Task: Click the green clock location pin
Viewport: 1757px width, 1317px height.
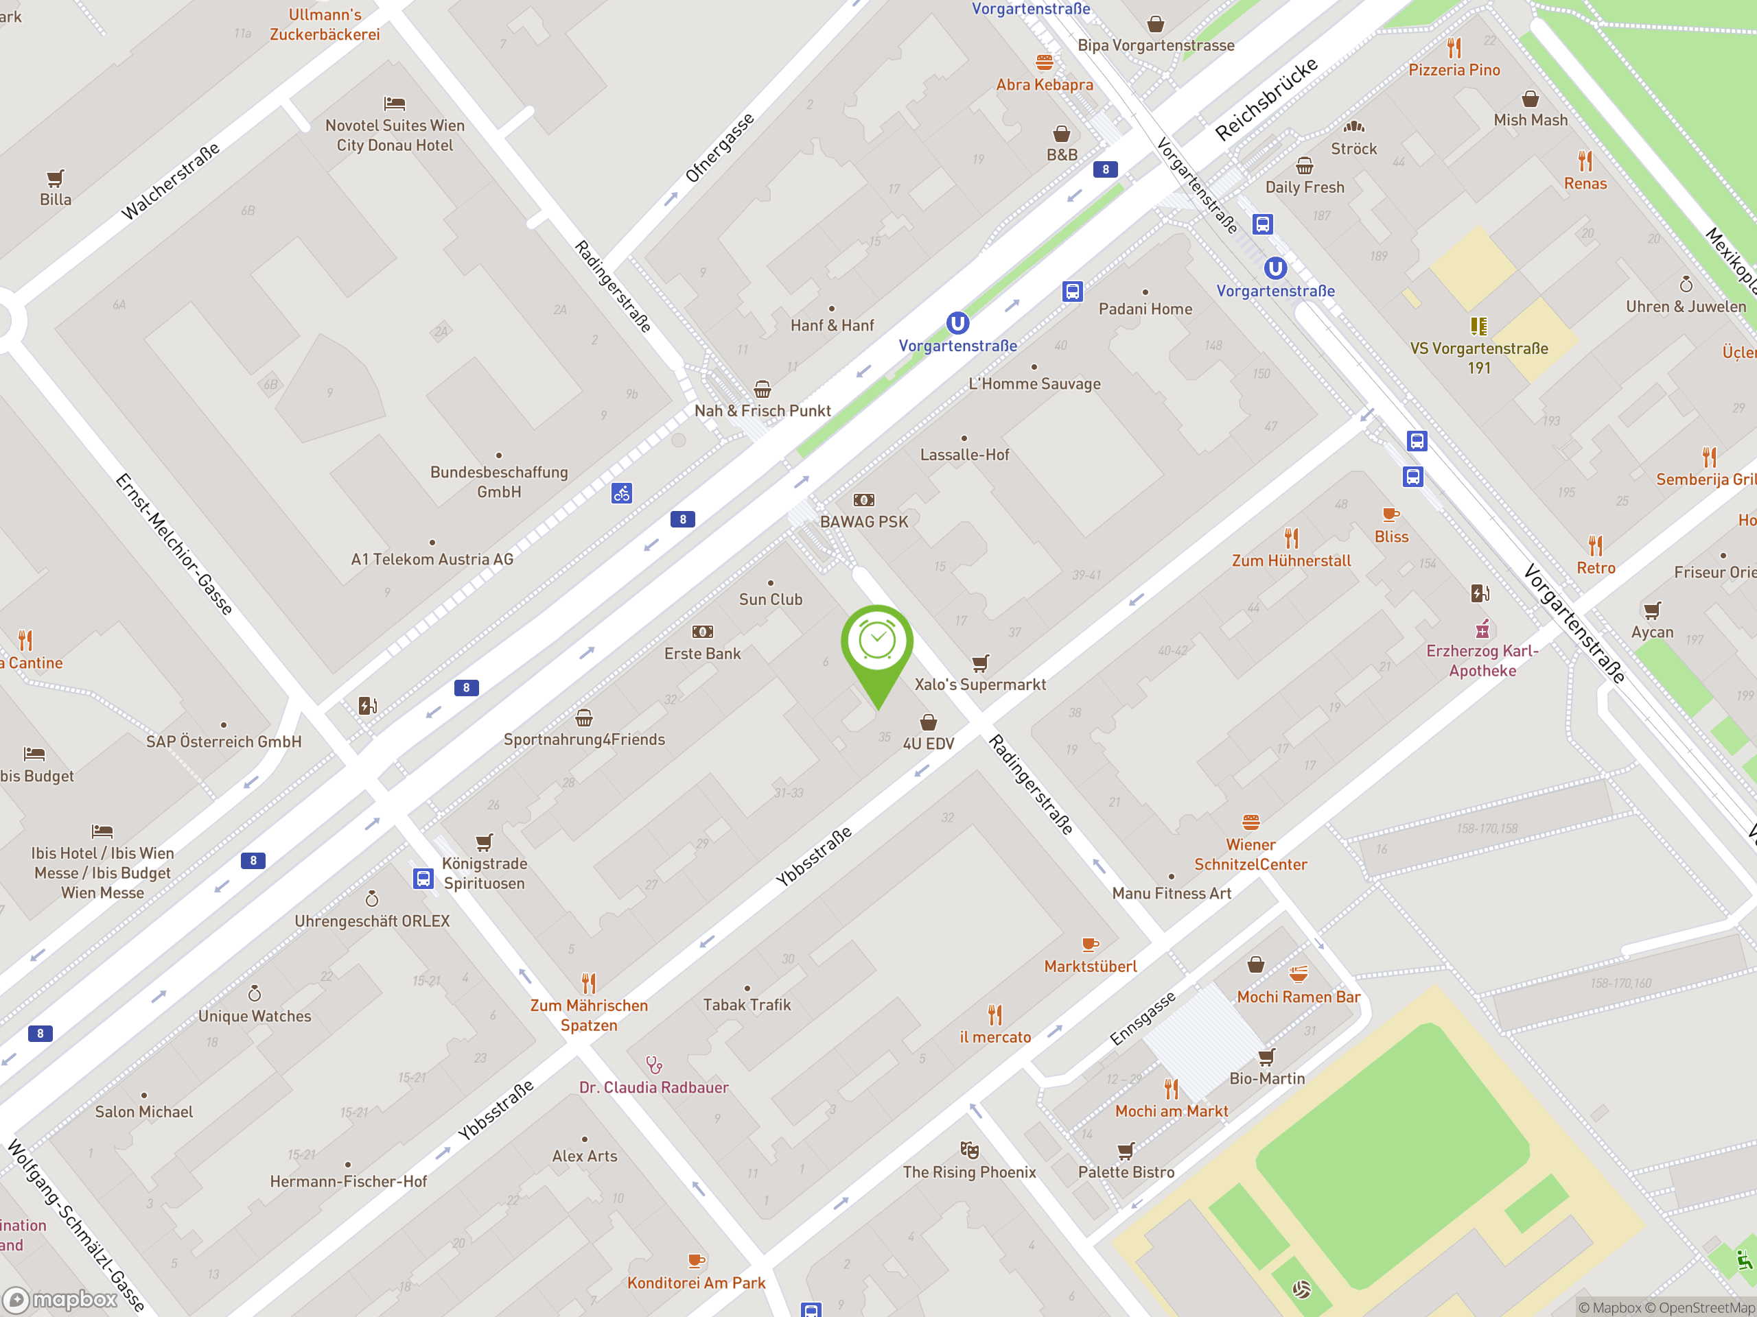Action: pos(877,642)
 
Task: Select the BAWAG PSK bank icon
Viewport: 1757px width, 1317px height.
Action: pos(863,500)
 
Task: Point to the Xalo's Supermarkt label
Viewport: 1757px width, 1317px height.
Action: pos(979,685)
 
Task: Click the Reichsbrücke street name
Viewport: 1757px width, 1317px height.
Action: pos(1266,100)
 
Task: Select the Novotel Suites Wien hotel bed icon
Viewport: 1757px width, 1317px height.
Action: pos(395,103)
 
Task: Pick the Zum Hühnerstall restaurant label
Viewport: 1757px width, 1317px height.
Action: pos(1291,561)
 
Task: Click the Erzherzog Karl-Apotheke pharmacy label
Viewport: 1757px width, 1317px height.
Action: pos(1482,661)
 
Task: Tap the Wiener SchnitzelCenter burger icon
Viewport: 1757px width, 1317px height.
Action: pos(1250,822)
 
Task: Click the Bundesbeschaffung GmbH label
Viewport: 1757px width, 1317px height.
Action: pos(499,482)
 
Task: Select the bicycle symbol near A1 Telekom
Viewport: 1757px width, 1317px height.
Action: pos(621,493)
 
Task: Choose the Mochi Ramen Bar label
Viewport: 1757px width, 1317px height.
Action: pos(1298,997)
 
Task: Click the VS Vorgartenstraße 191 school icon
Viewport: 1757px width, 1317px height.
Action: pos(1478,326)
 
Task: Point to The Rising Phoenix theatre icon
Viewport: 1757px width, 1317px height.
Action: pos(969,1150)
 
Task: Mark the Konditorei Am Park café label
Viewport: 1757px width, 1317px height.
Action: pos(696,1283)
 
